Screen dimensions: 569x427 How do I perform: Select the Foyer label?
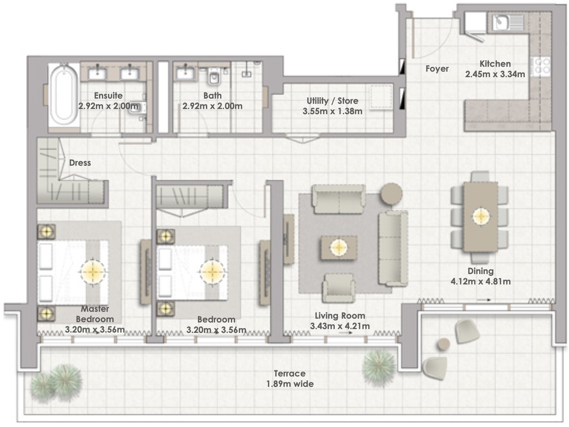click(x=437, y=69)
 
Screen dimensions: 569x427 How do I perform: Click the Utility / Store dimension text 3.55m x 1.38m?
click(x=332, y=111)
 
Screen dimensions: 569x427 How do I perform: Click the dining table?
click(x=481, y=217)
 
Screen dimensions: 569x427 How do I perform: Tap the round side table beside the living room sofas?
click(x=391, y=194)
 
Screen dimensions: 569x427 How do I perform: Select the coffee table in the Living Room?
click(x=339, y=247)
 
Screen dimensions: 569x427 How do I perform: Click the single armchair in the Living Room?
click(x=338, y=288)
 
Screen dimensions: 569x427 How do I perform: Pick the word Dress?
click(x=80, y=163)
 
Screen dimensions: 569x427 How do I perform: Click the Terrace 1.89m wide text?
click(x=290, y=379)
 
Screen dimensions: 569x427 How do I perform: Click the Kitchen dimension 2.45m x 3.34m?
click(x=495, y=74)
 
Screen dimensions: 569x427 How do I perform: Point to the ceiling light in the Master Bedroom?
click(x=93, y=272)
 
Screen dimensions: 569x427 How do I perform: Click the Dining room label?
click(x=480, y=271)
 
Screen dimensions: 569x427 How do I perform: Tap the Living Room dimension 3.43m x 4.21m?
click(x=340, y=326)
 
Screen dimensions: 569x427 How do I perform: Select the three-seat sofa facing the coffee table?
click(x=393, y=248)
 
